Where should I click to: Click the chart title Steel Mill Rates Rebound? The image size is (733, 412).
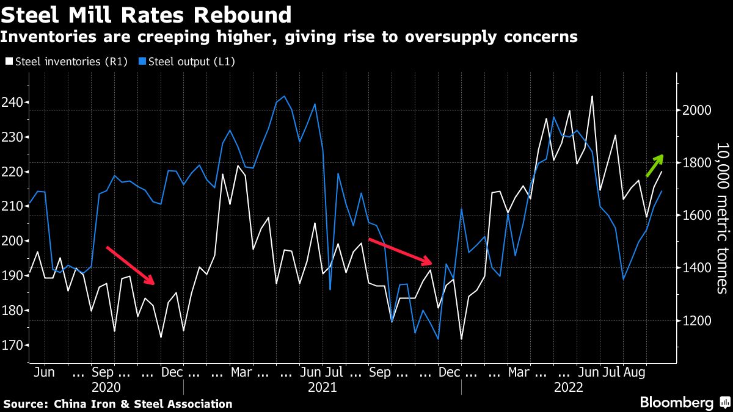pos(146,14)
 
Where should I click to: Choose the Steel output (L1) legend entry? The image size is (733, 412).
pos(189,62)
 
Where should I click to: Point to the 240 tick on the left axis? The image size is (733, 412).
pos(13,102)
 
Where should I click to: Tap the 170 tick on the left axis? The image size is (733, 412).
pos(13,345)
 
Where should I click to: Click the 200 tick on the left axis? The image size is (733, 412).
pos(13,241)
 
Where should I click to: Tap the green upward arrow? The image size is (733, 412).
pos(655,165)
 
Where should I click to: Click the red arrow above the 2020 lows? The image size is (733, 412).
pos(130,266)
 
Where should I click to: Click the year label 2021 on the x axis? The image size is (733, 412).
pos(322,387)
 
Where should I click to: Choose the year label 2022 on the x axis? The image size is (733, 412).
pos(568,387)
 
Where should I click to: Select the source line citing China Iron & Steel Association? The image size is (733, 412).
pos(118,403)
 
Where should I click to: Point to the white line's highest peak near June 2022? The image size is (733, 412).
pos(592,96)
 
